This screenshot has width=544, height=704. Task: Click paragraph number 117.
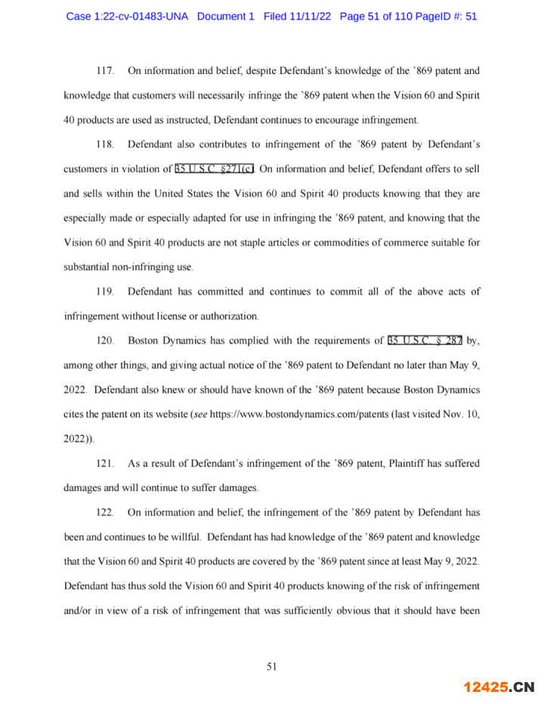[105, 71]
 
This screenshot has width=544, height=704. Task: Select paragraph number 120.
[105, 340]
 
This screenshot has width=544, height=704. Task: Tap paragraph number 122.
[105, 513]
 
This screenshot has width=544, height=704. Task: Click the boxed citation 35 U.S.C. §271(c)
[215, 169]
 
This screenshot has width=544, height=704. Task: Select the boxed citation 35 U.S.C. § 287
[425, 340]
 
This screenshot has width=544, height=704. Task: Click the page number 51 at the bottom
[272, 666]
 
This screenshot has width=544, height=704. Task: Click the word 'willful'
[181, 538]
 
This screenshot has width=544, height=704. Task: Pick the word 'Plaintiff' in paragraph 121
[394, 464]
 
